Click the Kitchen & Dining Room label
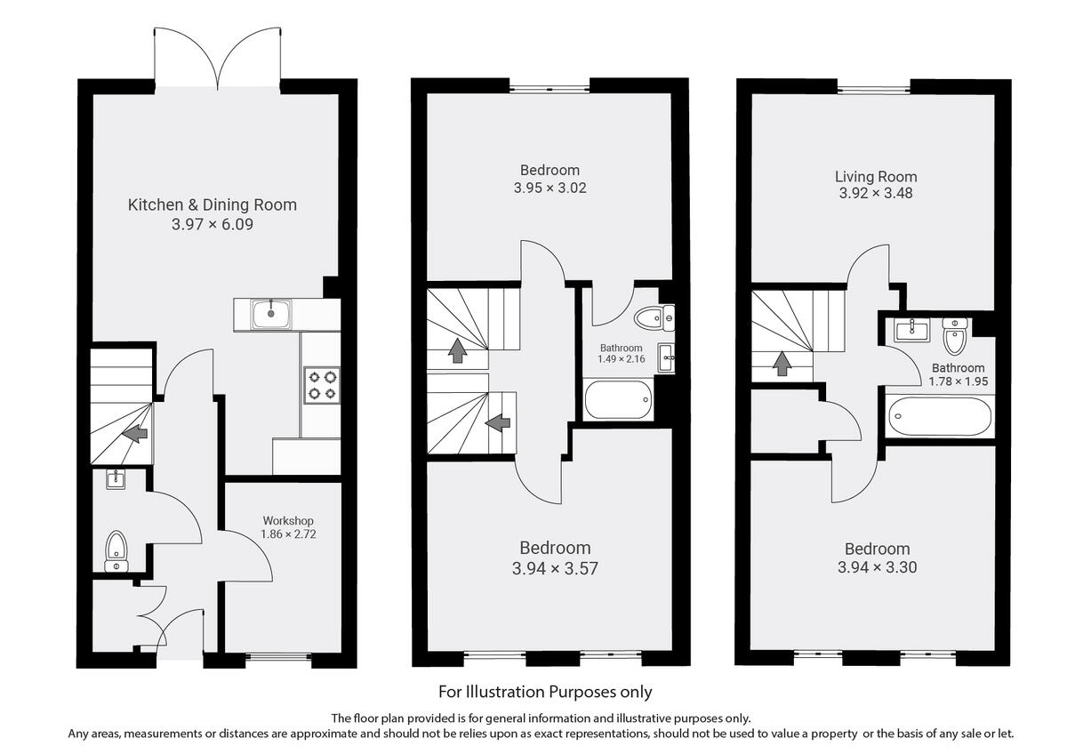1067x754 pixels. coord(213,205)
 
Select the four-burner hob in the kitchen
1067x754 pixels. coord(321,384)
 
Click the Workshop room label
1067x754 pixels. coord(287,520)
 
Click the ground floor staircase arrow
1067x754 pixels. coord(135,433)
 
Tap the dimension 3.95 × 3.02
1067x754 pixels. coord(550,188)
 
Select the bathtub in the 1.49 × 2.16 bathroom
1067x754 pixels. coord(619,399)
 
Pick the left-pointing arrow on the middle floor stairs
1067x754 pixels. coord(498,422)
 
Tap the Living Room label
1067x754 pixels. coord(876,176)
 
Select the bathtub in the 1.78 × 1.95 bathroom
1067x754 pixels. coord(939,416)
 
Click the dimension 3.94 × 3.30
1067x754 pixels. coord(877,568)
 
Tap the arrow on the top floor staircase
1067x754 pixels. coord(782,363)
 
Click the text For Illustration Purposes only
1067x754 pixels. coord(545,691)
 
